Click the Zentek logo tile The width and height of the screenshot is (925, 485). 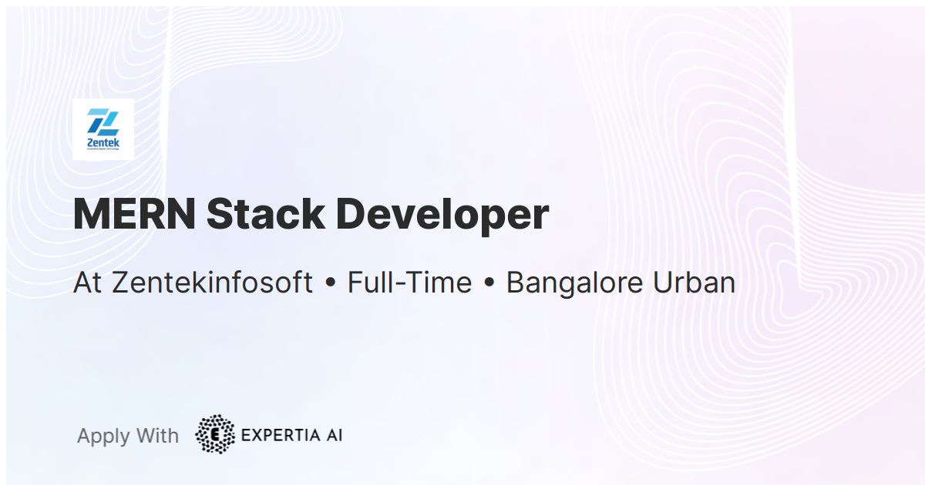pos(103,129)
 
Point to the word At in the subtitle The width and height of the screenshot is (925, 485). pos(88,283)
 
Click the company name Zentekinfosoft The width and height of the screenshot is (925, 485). pos(213,283)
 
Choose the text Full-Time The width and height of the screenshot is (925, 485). pos(409,283)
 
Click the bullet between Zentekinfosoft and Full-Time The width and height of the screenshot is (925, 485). pos(331,284)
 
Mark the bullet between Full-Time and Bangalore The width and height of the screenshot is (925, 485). pos(489,284)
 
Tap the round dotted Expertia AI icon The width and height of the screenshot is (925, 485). pos(215,435)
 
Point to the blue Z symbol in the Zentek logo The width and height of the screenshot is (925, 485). pos(103,121)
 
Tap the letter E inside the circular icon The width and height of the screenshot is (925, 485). pos(215,435)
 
